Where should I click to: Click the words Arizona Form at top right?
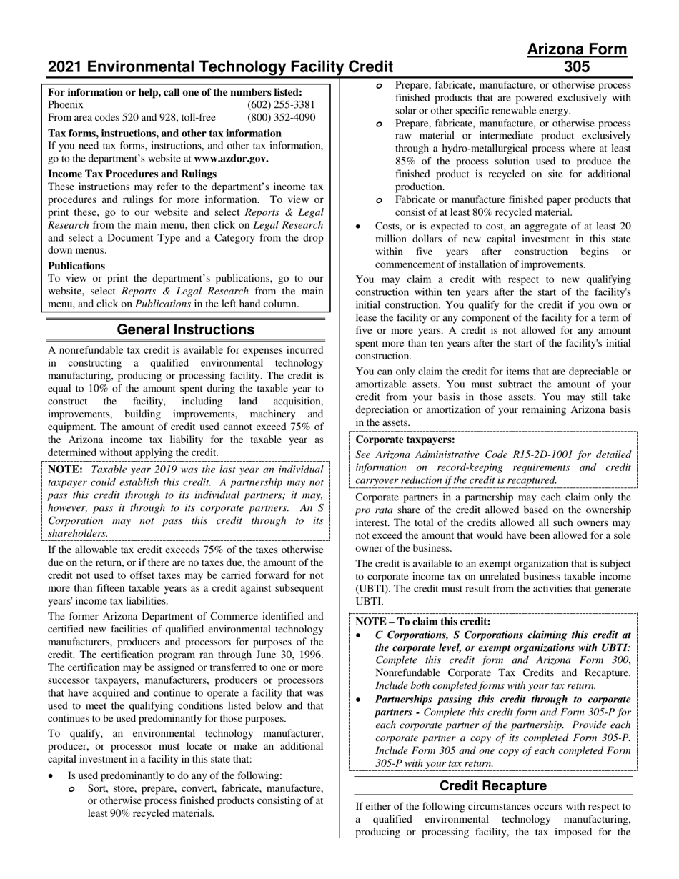pyautogui.click(x=577, y=49)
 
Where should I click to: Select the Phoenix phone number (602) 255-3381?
pyautogui.click(x=281, y=104)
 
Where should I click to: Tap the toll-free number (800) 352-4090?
pyautogui.click(x=281, y=117)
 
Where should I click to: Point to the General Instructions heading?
pyautogui.click(x=185, y=329)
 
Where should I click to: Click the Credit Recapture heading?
pyautogui.click(x=492, y=785)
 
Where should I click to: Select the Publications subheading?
pyautogui.click(x=76, y=266)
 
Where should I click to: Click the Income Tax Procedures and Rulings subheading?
pyautogui.click(x=132, y=174)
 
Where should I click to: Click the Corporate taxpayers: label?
pyautogui.click(x=405, y=440)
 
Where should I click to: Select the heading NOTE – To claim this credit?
pyautogui.click(x=423, y=621)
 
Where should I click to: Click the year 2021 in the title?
pyautogui.click(x=64, y=67)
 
